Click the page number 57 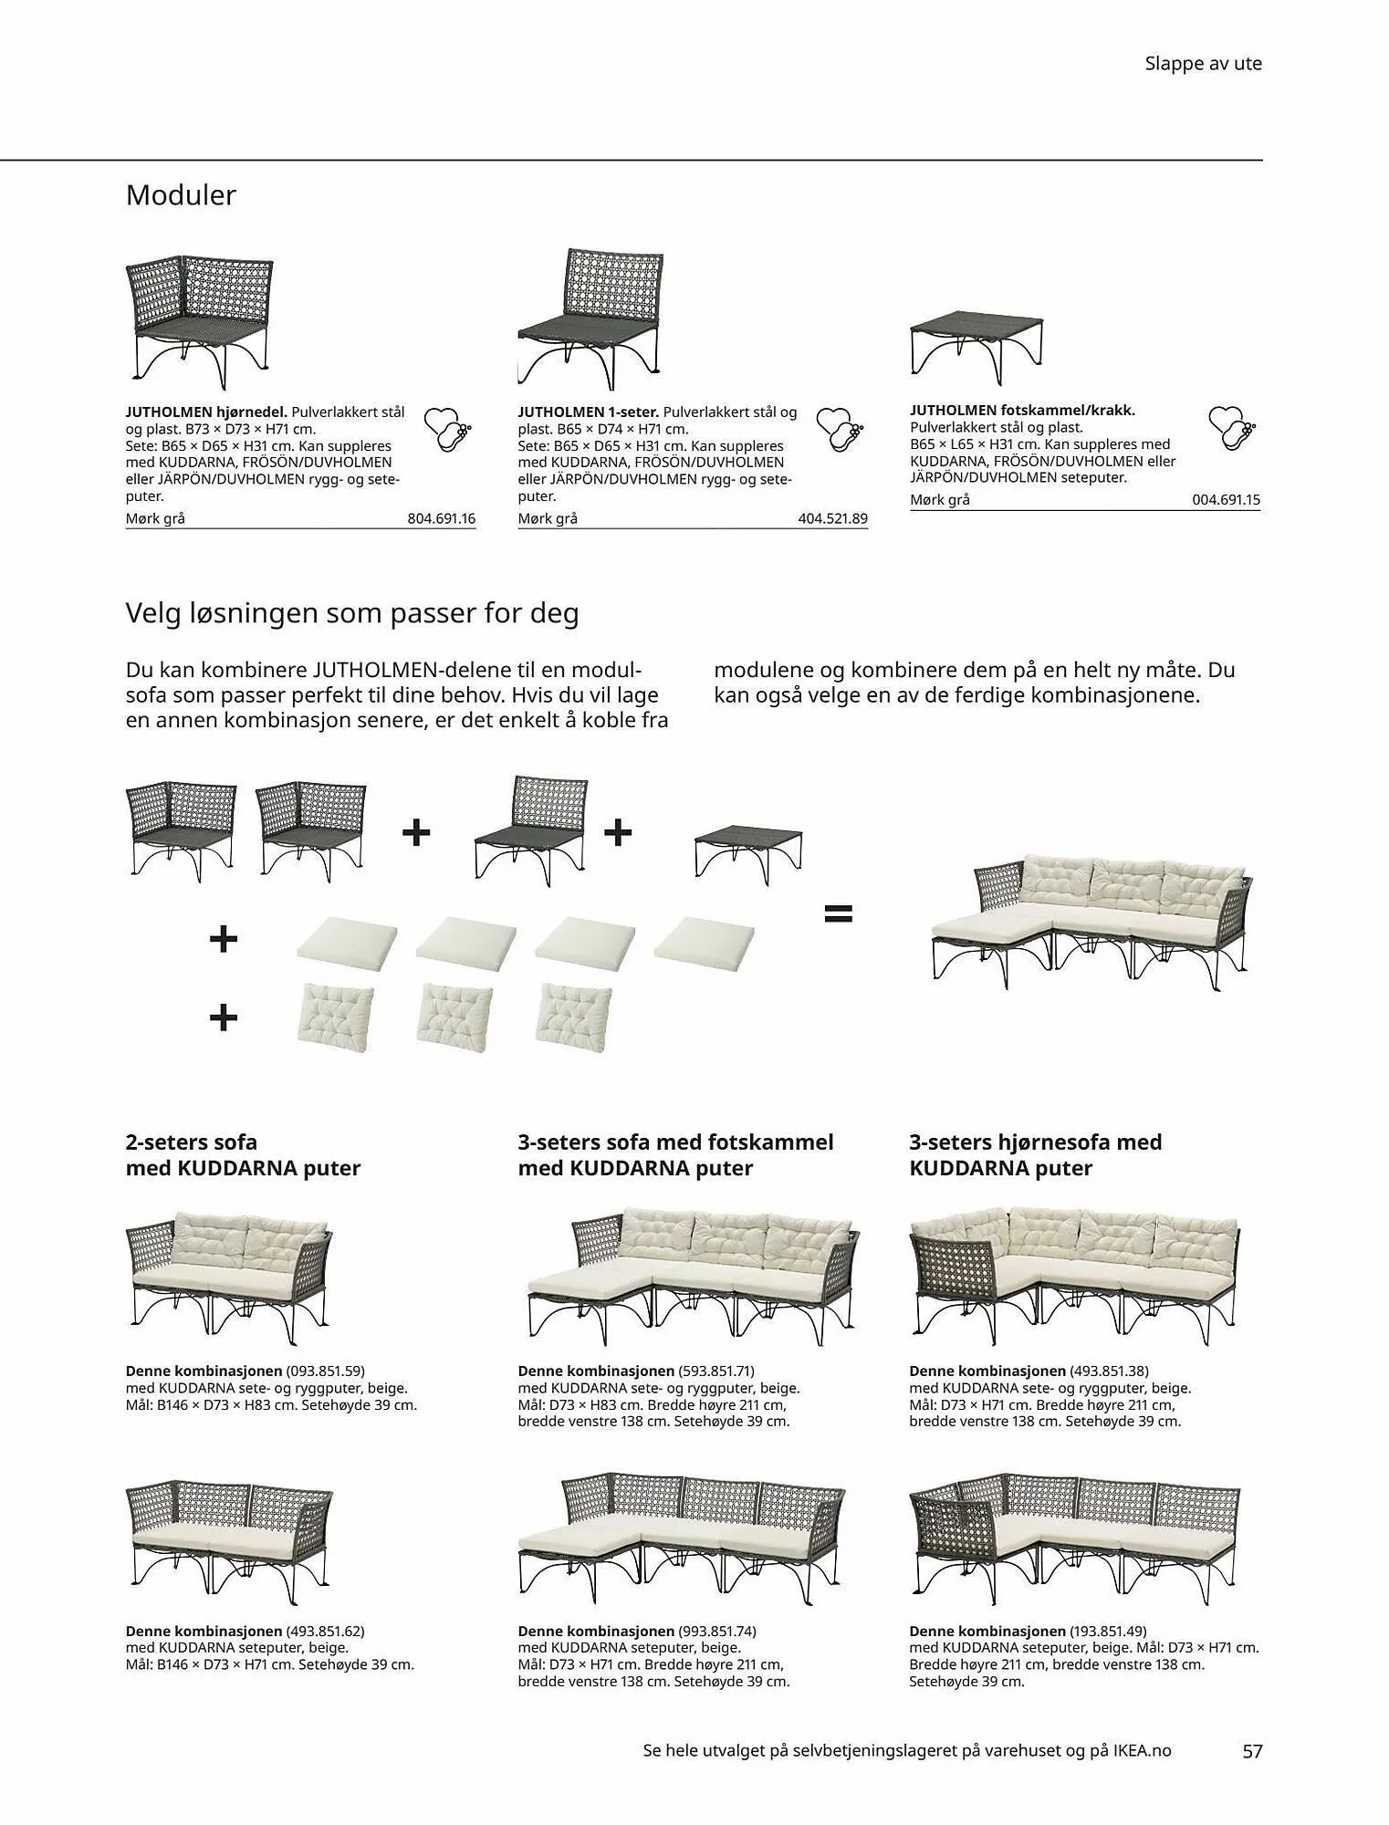click(1251, 1750)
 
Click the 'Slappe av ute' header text click(1203, 64)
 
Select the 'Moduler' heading click(181, 195)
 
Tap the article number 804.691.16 click(441, 518)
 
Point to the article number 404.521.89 click(832, 518)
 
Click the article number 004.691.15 click(1226, 500)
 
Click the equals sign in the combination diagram click(838, 912)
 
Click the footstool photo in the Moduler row click(976, 343)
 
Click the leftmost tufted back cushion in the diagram click(335, 1012)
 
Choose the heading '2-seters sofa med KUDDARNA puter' click(243, 1154)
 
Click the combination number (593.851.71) click(716, 1371)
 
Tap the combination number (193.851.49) click(1108, 1631)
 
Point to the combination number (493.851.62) click(325, 1631)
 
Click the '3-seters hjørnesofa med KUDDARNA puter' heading click(1035, 1154)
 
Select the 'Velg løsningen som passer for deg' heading click(352, 613)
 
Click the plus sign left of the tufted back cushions click(224, 1017)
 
